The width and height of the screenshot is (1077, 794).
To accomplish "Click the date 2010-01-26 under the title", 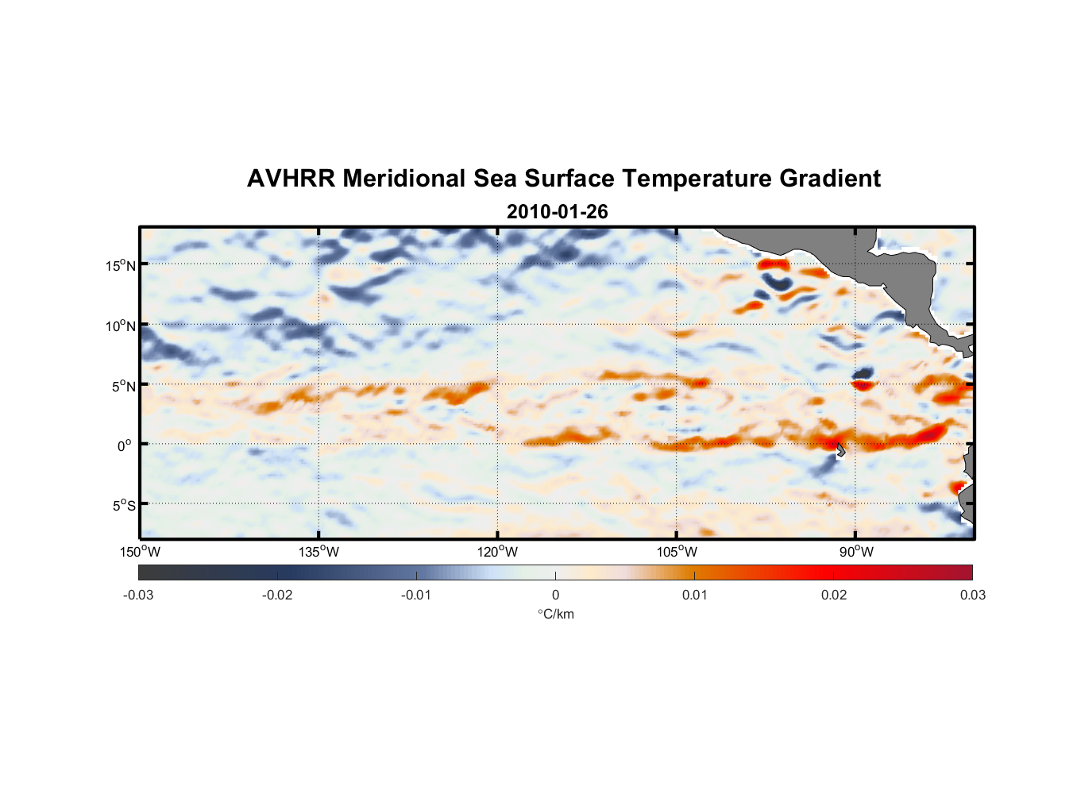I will tap(557, 212).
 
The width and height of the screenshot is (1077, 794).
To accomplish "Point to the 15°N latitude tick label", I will tap(121, 265).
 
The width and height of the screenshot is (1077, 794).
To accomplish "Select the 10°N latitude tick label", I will tap(121, 326).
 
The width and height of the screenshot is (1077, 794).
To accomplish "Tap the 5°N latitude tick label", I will tap(123, 386).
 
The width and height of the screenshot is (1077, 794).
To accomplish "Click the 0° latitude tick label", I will tap(125, 445).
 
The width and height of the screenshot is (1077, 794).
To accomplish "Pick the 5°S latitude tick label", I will tap(123, 506).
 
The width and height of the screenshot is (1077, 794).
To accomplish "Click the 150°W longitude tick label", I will tap(141, 552).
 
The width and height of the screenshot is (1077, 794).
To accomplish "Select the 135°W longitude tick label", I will tap(319, 552).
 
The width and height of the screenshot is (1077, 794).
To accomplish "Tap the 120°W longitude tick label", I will tap(498, 552).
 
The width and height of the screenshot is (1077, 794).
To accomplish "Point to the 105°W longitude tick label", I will tap(677, 552).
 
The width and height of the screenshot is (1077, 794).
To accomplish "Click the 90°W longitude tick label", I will tap(856, 552).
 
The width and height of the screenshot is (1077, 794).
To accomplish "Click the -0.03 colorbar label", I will tap(138, 595).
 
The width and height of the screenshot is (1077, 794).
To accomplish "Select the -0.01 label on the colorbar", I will tap(416, 595).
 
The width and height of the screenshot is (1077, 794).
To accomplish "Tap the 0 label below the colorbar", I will tap(555, 595).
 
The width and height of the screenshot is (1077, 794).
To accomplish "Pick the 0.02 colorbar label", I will tap(834, 595).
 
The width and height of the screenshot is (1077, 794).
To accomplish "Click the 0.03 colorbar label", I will tap(972, 595).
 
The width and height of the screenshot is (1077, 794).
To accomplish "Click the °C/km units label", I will tap(555, 614).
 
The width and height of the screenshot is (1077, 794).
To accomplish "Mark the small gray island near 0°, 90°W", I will tap(841, 449).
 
